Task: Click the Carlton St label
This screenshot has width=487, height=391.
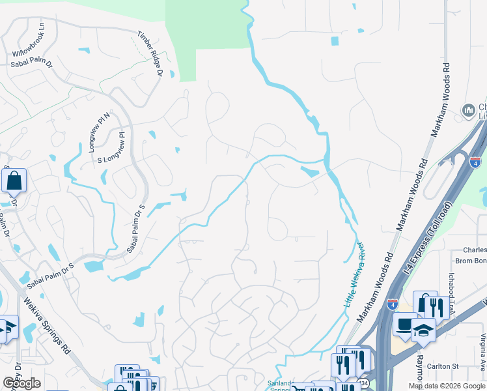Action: [x=461, y=366]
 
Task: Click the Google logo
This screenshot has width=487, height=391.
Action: [x=21, y=383]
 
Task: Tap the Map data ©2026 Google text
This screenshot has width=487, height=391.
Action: [x=447, y=386]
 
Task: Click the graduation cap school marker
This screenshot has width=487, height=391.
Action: [x=423, y=331]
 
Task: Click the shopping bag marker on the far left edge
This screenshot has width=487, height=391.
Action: [x=14, y=180]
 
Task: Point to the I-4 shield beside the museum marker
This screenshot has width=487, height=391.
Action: [x=475, y=161]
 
